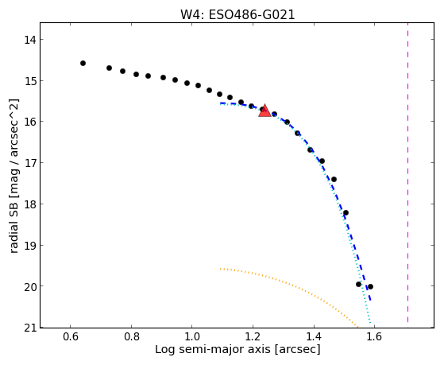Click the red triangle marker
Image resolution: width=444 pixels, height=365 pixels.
[264, 111]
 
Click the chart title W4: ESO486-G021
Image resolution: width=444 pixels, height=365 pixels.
[237, 15]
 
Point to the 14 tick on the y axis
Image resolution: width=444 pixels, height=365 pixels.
[30, 40]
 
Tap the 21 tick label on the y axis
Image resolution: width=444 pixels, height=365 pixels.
[30, 328]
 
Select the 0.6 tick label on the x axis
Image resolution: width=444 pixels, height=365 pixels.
[70, 337]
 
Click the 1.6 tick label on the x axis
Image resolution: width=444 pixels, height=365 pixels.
[374, 337]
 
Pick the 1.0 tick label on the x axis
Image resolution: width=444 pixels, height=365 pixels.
[192, 337]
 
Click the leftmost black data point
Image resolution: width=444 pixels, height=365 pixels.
[83, 64]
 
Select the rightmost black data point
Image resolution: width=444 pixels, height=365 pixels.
[370, 287]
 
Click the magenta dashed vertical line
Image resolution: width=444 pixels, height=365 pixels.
[407, 173]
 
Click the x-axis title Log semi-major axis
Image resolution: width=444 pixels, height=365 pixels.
[213, 349]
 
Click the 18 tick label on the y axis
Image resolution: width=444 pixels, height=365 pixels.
[30, 204]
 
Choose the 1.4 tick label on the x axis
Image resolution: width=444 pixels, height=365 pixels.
[314, 337]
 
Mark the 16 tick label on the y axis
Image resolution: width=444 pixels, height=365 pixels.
[30, 122]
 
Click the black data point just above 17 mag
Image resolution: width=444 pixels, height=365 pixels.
[322, 161]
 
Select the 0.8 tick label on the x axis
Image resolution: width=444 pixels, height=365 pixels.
[131, 337]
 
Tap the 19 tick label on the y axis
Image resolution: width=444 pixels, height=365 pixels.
[30, 245]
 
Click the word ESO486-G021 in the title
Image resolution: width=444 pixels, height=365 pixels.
[252, 15]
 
